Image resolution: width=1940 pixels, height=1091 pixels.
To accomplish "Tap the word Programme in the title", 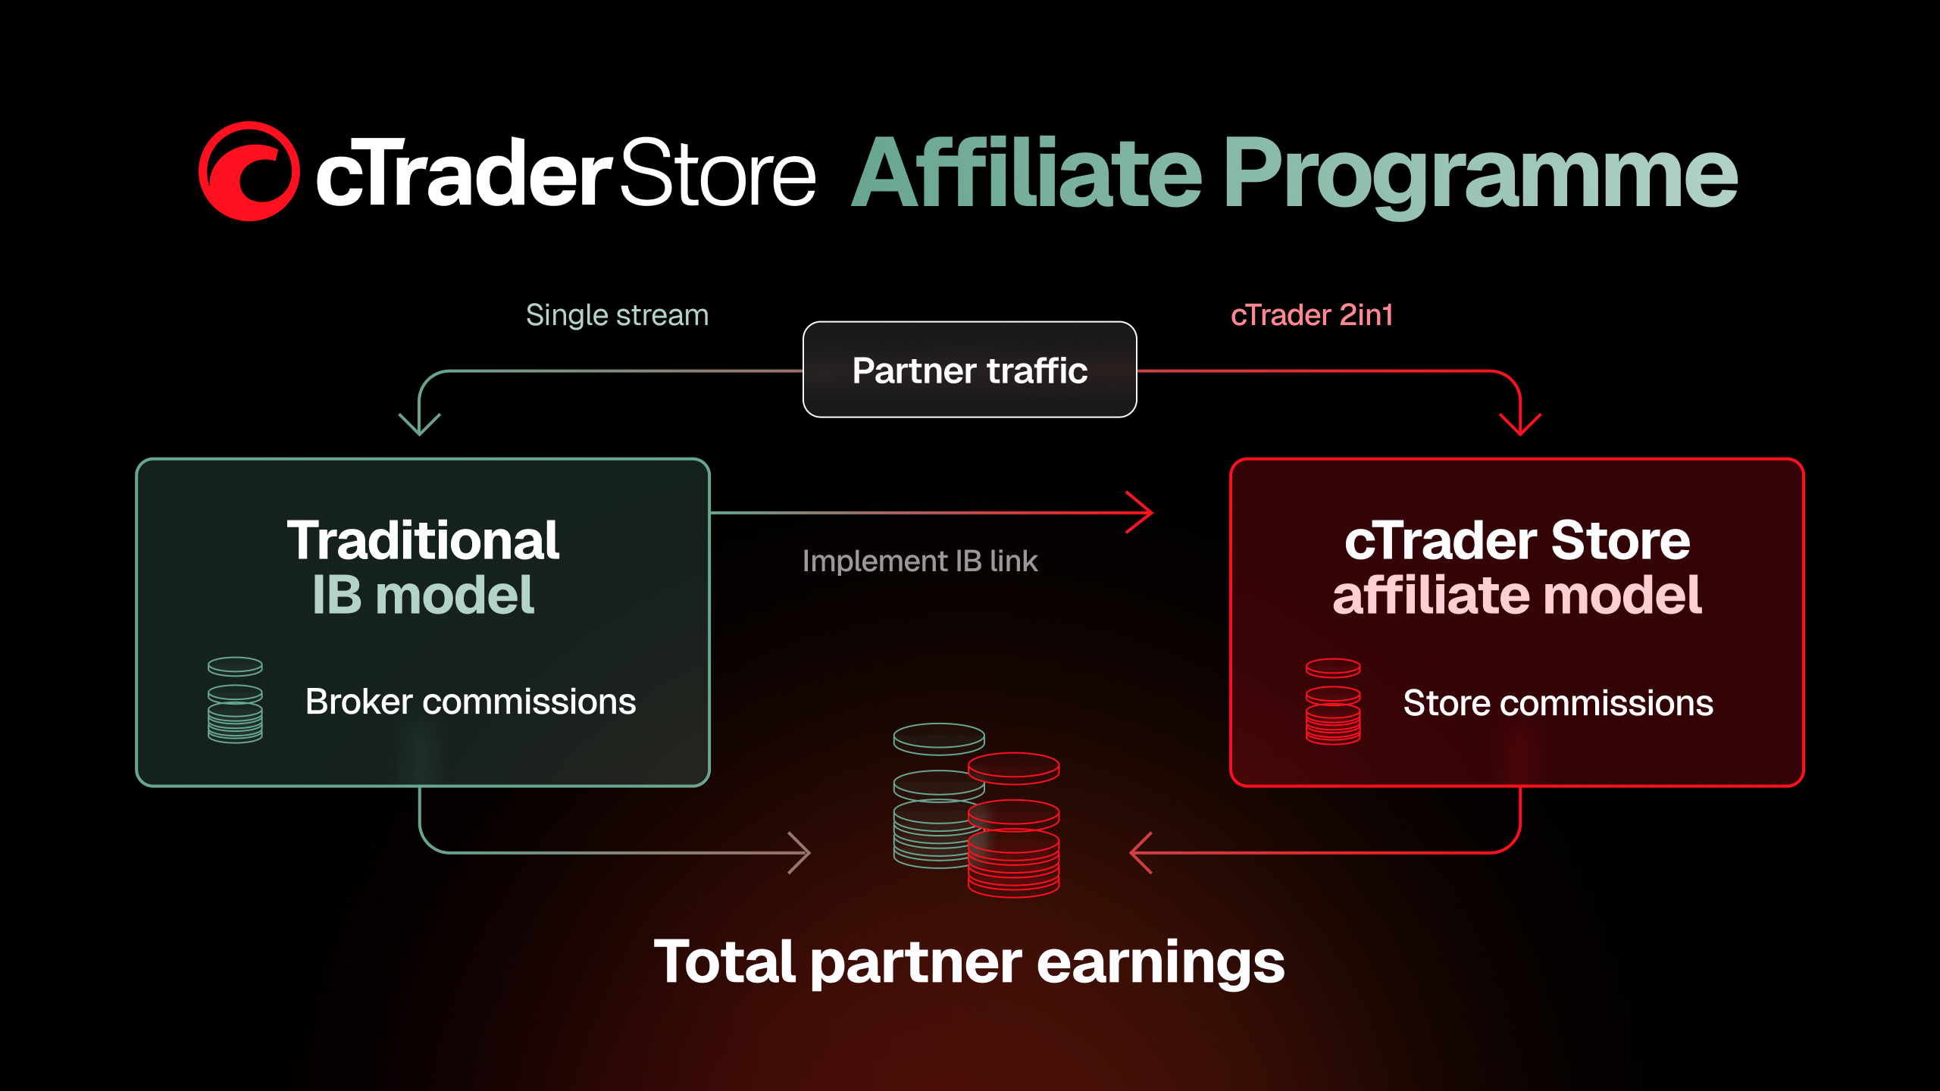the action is tap(1481, 177).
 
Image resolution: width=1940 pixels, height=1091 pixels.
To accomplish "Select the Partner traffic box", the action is tap(969, 370).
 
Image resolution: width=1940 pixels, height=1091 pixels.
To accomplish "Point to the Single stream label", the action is tap(617, 314).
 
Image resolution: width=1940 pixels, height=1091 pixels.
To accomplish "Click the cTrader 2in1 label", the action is tap(1312, 314).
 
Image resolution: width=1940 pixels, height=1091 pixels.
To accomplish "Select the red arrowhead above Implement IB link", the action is tap(1140, 512).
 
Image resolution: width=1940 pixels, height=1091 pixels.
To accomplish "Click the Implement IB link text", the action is tap(920, 561).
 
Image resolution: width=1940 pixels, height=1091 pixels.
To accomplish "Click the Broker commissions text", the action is tap(471, 702).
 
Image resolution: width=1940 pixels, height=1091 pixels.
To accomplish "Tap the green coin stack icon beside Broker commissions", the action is tap(235, 700).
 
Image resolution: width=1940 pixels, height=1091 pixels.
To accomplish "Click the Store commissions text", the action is tap(1558, 703).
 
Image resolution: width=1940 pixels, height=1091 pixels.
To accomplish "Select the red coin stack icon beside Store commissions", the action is tap(1333, 702).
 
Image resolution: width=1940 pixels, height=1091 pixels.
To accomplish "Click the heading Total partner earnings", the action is tap(969, 962).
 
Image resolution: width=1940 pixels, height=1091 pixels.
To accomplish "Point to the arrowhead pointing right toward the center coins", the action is tap(799, 852).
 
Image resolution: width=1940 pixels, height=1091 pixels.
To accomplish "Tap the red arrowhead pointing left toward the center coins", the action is tap(1141, 852).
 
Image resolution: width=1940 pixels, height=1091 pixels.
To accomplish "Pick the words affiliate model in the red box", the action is tap(1517, 596).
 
